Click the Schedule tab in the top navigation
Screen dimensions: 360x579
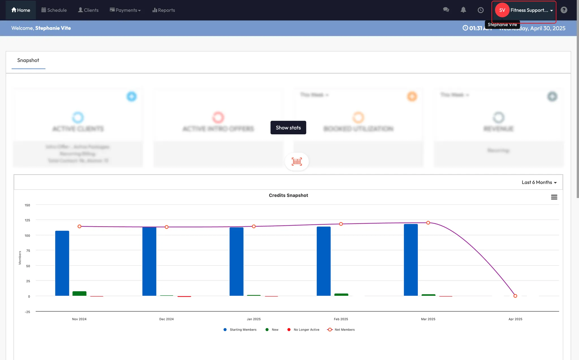click(x=54, y=10)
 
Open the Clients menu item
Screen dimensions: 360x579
click(x=88, y=10)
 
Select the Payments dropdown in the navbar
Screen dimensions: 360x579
click(x=125, y=10)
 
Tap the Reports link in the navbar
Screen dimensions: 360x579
click(x=164, y=10)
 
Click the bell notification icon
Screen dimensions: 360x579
click(x=463, y=10)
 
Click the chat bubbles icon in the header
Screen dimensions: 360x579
click(x=446, y=10)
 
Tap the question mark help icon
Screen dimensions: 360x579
click(x=564, y=10)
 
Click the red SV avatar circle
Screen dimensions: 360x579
click(x=502, y=10)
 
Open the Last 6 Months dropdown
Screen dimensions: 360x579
click(x=539, y=182)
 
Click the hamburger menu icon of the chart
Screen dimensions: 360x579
click(x=554, y=197)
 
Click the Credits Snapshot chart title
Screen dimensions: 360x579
click(x=288, y=195)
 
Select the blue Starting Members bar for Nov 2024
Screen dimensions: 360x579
click(x=62, y=263)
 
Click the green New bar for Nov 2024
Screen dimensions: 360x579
click(x=79, y=294)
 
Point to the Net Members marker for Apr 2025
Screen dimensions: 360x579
click(x=515, y=296)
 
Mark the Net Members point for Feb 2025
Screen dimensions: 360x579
click(x=341, y=224)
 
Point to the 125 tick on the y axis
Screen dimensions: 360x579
click(x=27, y=220)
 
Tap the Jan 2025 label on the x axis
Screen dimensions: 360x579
click(x=254, y=319)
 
